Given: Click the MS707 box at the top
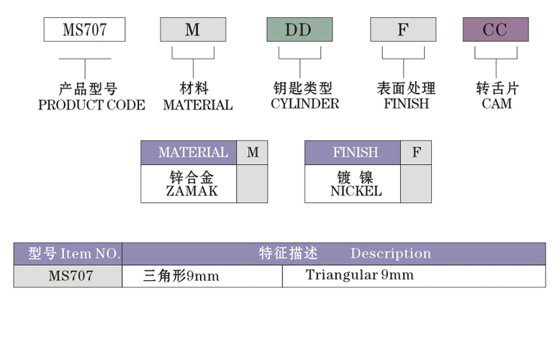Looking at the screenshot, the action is point(85,30).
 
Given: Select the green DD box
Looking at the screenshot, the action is point(299,30).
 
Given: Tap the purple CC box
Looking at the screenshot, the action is point(496,30).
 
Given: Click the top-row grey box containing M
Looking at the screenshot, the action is point(193,30).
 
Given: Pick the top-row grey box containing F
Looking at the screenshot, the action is point(403,30).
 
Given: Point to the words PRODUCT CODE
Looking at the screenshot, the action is point(92,105).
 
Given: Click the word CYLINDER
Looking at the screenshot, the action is point(305,104).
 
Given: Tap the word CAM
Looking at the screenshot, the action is point(497,104).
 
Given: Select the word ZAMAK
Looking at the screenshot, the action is point(191,191).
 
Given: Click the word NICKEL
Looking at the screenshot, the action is point(356,191).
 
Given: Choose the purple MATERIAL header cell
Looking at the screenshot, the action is point(189,153).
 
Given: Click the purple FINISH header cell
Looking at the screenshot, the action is point(353,153).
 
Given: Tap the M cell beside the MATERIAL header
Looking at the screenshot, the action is point(252,153).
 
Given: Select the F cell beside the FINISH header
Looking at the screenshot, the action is point(416,153).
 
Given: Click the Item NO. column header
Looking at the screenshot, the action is point(68,253).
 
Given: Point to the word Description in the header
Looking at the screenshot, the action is point(391,253).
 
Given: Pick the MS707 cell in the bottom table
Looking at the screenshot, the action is point(68,276).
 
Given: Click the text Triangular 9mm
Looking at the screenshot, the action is point(360,275).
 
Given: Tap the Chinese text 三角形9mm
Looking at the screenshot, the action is point(181,276).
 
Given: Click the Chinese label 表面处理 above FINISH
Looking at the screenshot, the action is point(407,89).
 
